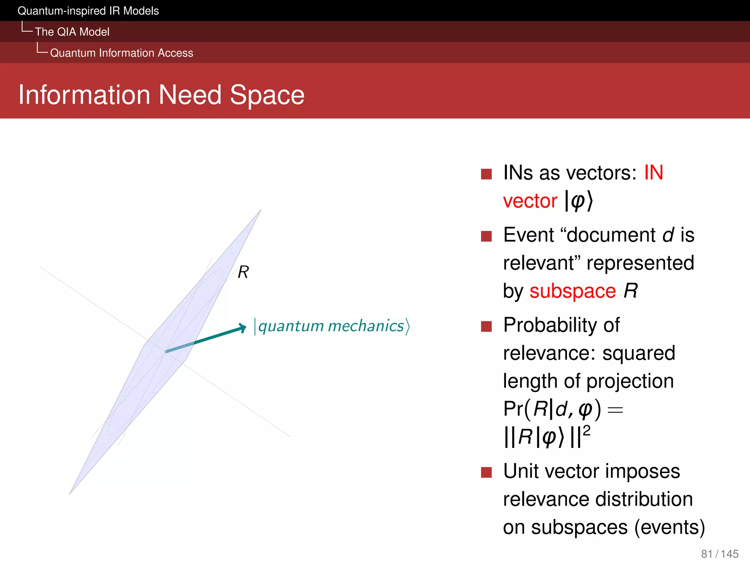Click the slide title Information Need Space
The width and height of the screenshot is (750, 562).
click(x=161, y=95)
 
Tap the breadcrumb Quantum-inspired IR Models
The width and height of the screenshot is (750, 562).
click(x=88, y=11)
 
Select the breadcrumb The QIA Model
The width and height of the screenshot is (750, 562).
click(x=72, y=32)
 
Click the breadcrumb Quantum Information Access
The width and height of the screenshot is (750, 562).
click(x=121, y=53)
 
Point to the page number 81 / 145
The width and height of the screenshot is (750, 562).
click(x=720, y=554)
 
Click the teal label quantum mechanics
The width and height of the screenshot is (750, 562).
click(x=331, y=326)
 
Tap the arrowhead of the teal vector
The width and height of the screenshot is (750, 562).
click(x=242, y=327)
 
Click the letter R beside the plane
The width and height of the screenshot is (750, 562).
click(x=243, y=272)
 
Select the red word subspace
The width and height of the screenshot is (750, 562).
click(x=572, y=291)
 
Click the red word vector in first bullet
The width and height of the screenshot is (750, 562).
click(x=530, y=201)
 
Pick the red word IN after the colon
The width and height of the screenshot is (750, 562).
click(x=654, y=172)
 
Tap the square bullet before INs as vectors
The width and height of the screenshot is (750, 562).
click(x=486, y=174)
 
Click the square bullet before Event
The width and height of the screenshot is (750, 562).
click(x=486, y=236)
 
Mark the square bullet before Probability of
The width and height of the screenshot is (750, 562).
click(x=486, y=326)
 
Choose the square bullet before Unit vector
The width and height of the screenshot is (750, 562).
click(x=486, y=472)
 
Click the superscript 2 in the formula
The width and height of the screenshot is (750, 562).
click(x=586, y=431)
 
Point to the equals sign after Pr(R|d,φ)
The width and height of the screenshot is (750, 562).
click(x=615, y=410)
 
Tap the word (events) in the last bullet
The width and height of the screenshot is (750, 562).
click(x=670, y=527)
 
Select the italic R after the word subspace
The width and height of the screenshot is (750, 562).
click(x=631, y=291)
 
